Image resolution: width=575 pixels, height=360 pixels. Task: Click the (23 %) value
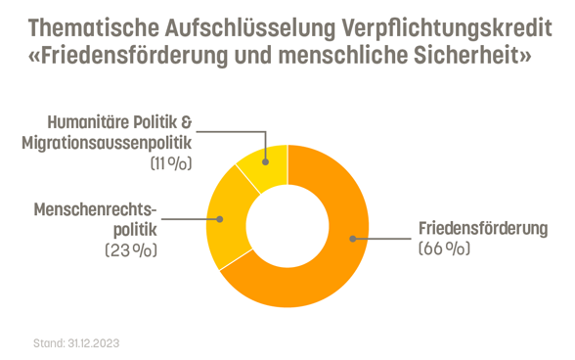130,250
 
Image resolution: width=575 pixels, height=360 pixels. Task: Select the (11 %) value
170,164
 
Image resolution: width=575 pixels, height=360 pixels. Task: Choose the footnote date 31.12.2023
93,343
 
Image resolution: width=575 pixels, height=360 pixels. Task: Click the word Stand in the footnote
47,343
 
